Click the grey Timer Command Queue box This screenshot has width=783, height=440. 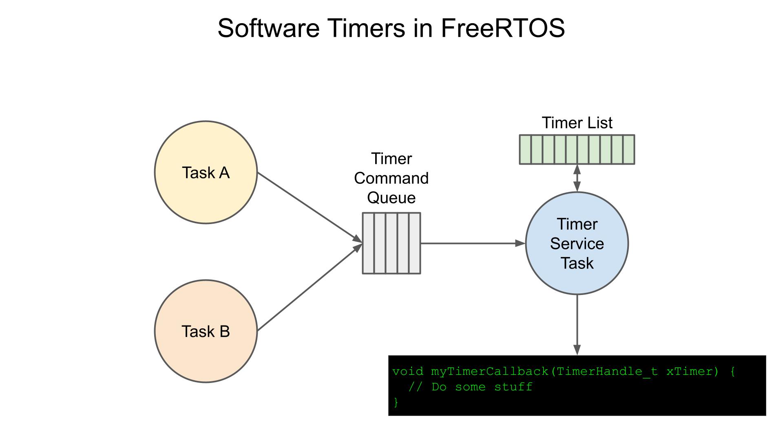point(391,243)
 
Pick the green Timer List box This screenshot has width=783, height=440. point(577,150)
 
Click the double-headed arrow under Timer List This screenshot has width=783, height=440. point(577,178)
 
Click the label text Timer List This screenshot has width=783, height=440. point(577,123)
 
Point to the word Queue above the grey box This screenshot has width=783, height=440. point(391,198)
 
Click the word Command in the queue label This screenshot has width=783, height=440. point(391,178)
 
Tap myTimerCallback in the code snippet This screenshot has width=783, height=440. point(489,372)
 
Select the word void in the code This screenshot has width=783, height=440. point(407,372)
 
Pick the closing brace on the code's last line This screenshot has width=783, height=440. point(396,402)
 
